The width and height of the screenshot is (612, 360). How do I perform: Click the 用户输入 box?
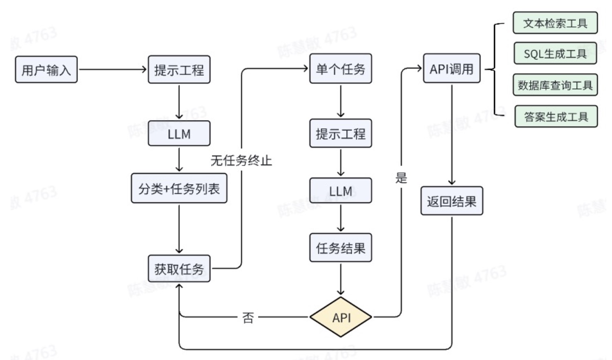46,70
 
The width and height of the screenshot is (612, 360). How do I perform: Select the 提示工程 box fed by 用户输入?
179,70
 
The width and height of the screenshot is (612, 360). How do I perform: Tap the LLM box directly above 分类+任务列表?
179,134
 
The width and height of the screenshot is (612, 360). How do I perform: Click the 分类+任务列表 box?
179,188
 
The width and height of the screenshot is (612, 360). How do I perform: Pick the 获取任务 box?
179,269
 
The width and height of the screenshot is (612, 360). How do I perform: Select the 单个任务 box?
340,69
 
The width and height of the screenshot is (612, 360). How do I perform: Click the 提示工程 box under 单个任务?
340,134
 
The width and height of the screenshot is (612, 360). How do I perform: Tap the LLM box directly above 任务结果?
340,191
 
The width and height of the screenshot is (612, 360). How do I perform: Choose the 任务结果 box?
340,248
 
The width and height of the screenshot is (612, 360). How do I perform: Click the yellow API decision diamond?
341,317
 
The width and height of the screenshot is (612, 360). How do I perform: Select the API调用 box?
451,69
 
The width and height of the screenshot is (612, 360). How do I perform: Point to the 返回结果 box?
451,201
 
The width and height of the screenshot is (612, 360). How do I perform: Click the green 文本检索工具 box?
555,23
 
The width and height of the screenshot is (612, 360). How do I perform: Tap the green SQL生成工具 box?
555,53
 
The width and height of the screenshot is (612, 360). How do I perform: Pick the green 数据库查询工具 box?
555,85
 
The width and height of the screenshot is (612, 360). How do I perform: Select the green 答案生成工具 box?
556,117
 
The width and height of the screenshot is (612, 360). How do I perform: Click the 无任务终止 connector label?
241,160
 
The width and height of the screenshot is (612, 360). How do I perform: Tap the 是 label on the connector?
401,178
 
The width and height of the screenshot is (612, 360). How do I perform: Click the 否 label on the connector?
248,317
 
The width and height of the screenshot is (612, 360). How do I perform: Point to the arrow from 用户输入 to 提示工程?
112,69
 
